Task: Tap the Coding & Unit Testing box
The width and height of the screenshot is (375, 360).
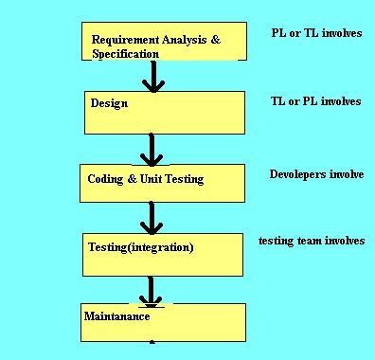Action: tap(163, 181)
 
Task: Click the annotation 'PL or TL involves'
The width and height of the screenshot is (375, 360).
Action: tap(316, 33)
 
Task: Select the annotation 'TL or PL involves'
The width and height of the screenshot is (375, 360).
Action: tap(316, 101)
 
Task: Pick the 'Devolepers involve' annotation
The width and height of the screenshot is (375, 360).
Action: tap(316, 174)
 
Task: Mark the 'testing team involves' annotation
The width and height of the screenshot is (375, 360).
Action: tap(312, 241)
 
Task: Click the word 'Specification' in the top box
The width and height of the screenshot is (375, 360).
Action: tap(125, 54)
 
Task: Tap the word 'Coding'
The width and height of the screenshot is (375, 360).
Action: tap(105, 179)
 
